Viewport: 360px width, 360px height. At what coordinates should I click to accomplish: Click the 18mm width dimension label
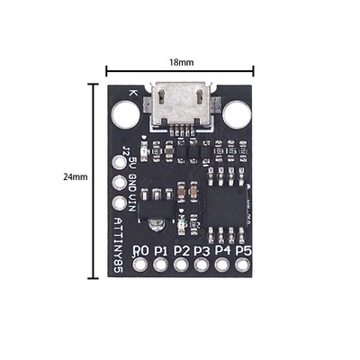click(x=180, y=61)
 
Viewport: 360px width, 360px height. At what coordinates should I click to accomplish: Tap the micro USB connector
click(x=182, y=106)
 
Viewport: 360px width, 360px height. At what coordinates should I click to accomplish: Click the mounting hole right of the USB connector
click(x=238, y=113)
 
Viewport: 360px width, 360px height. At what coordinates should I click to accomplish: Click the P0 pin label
click(x=140, y=249)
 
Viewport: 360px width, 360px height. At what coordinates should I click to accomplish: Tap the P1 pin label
click(x=161, y=249)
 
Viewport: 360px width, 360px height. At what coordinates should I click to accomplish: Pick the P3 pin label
click(x=202, y=249)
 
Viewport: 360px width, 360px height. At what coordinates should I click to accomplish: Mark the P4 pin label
click(x=223, y=249)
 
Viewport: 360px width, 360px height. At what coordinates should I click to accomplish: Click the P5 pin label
click(x=243, y=249)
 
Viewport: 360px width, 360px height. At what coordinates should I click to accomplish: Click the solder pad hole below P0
click(x=140, y=265)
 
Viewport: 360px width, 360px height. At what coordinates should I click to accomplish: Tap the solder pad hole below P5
click(x=243, y=265)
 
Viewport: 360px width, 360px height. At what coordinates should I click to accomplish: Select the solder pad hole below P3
click(x=202, y=265)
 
